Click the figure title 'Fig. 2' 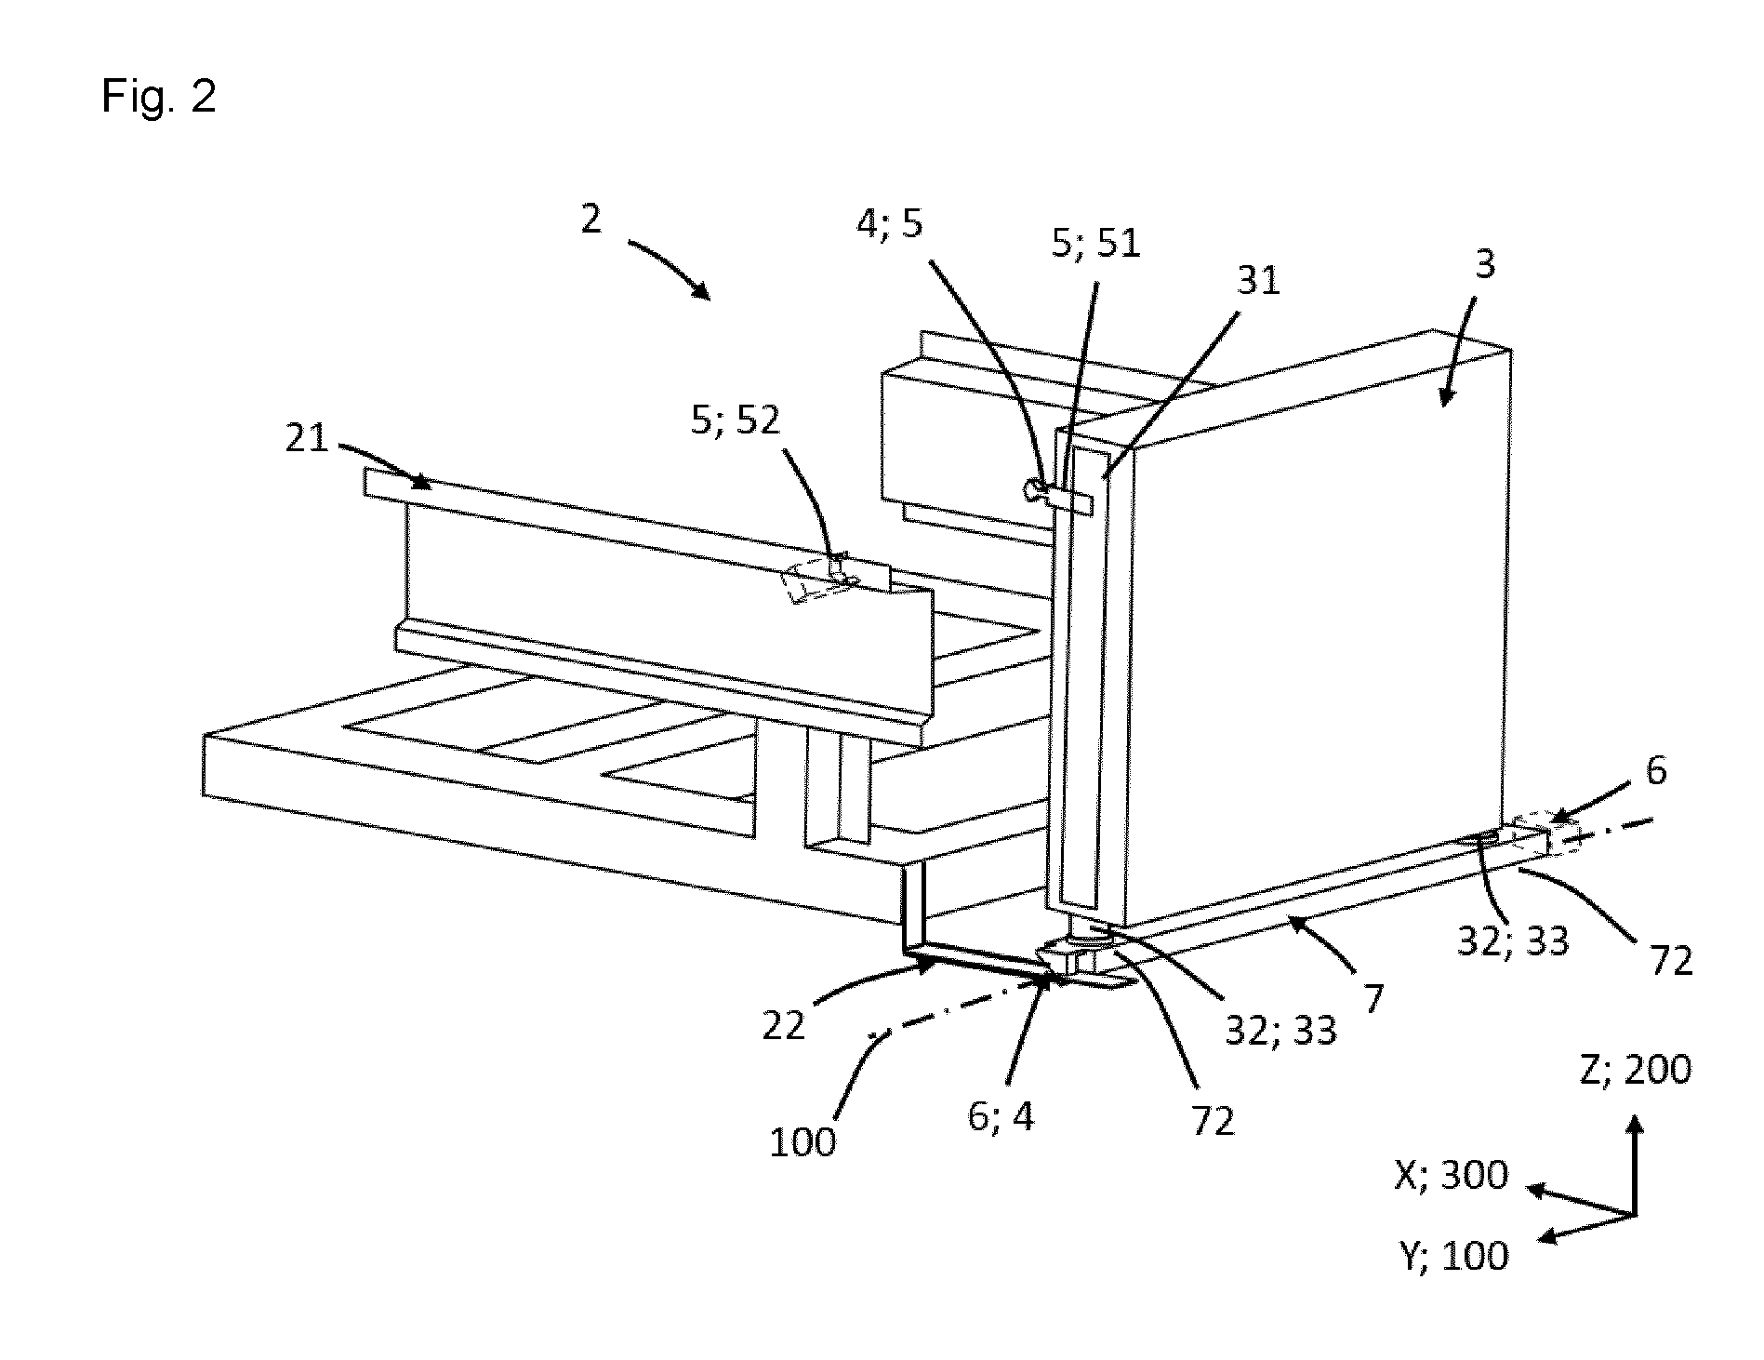pos(159,96)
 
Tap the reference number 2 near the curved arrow pos(591,219)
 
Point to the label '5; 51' pos(1096,244)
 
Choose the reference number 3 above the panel pos(1485,265)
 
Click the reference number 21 pos(308,437)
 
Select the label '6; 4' pos(1001,1116)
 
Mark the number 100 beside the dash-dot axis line pos(802,1141)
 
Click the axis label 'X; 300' pos(1452,1175)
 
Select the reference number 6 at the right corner pos(1656,771)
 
